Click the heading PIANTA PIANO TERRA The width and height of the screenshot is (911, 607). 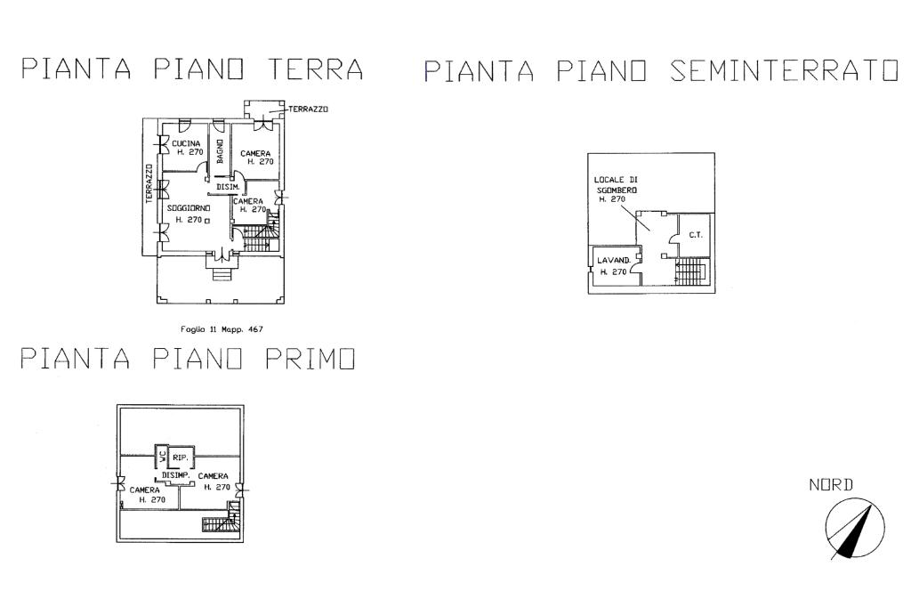pos(193,69)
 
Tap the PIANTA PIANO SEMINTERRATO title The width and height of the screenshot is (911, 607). pos(660,71)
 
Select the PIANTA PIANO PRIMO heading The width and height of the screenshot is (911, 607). pos(189,359)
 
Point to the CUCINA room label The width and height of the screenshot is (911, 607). pos(186,143)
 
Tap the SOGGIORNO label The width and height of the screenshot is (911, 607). pos(188,208)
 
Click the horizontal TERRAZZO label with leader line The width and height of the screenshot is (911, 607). pos(308,109)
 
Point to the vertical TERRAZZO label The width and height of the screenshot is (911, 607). pos(149,184)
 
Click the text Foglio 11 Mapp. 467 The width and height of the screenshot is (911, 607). pos(222,329)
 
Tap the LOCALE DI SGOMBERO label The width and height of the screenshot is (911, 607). pos(616,190)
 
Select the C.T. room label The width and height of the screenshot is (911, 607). pos(696,236)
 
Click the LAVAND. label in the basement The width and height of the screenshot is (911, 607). pos(614,261)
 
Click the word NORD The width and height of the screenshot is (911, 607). pos(831,485)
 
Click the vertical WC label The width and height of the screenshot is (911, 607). pos(161,457)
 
